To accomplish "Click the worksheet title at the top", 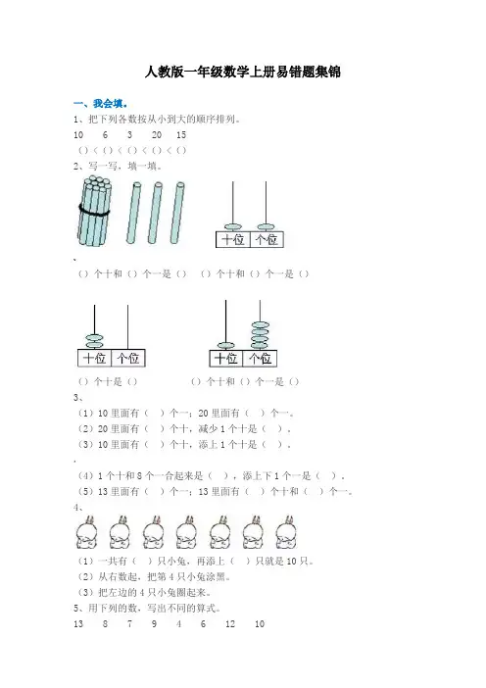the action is [243, 72].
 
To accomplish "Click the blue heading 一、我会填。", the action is [101, 104].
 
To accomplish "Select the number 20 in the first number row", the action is [157, 134].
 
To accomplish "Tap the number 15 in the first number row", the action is [181, 134].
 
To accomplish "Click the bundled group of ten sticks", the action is [94, 211].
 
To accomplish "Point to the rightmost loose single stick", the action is [177, 213].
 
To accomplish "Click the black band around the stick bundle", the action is [94, 210].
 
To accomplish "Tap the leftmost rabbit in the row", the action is [86, 532].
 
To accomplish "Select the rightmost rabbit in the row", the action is [286, 532].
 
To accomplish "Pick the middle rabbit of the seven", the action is [186, 532].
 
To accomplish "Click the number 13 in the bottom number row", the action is [78, 624].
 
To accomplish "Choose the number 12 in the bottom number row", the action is [230, 624].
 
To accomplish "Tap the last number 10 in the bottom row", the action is [260, 624].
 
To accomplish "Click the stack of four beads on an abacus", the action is [260, 335].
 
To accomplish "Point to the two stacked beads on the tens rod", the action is [94, 341].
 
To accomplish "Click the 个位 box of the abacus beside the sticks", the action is [267, 239].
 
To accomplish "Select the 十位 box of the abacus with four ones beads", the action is [226, 359].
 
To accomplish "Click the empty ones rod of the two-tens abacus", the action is [127, 327].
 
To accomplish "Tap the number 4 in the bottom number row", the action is [178, 624].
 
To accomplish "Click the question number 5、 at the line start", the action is [78, 609].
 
